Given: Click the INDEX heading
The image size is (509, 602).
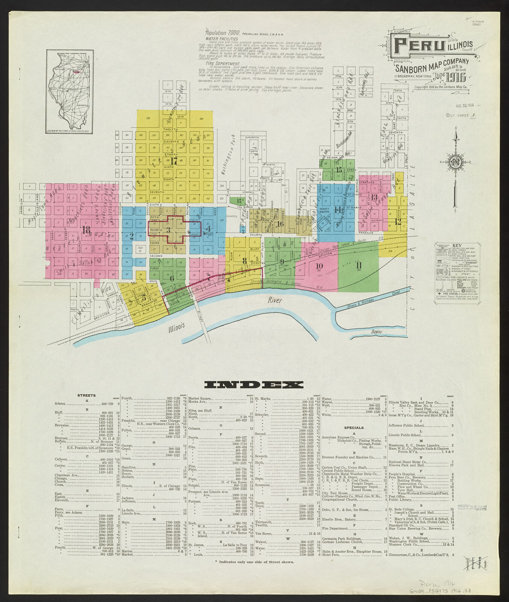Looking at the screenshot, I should tap(254, 385).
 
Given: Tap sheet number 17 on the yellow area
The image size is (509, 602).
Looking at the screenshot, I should tap(173, 161).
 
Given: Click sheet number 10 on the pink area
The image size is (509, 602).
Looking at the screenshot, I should tap(319, 265).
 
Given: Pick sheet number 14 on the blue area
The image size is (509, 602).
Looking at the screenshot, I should tap(337, 210).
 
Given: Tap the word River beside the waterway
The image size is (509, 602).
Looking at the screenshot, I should tap(275, 300).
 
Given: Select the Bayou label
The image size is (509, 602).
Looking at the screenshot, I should tap(376, 331).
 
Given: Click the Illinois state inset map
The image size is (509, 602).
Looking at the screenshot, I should tap(70, 91).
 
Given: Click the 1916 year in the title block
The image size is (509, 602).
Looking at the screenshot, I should tap(457, 77).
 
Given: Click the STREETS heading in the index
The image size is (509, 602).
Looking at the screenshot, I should tap(87, 395).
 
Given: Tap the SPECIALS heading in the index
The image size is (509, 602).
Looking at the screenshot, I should tap(354, 427).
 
